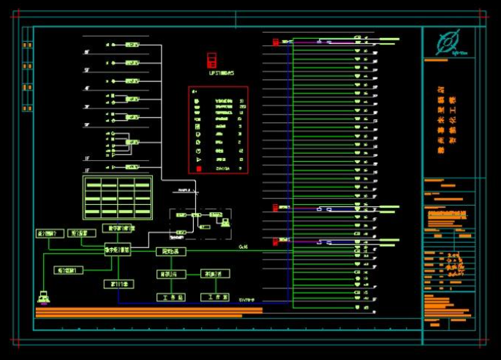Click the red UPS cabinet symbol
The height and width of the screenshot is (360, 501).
[212, 60]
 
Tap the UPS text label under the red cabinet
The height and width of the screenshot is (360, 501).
[221, 73]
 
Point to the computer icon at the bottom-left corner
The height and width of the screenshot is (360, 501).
[45, 296]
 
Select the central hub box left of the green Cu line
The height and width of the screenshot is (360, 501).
[117, 250]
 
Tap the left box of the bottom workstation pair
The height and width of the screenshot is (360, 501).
[172, 297]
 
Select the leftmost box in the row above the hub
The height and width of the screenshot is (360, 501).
[50, 233]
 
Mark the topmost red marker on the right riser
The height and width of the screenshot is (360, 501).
[275, 42]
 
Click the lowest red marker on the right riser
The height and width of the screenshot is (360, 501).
[275, 241]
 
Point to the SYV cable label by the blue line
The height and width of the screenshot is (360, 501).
[247, 299]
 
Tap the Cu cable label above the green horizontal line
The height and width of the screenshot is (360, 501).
[243, 247]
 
